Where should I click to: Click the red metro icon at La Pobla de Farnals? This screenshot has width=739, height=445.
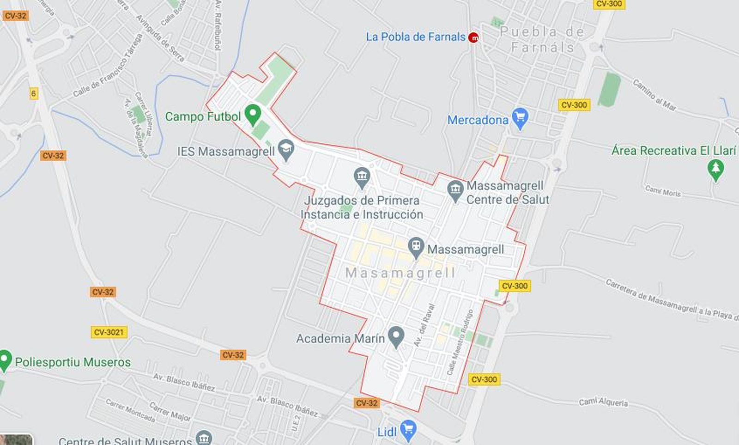click(x=473, y=37)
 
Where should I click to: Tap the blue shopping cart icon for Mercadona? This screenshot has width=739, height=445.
click(x=520, y=118)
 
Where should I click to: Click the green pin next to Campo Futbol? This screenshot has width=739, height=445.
click(x=252, y=114)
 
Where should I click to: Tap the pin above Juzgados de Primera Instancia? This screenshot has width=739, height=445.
click(x=362, y=177)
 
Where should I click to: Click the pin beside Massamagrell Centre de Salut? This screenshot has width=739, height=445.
click(x=455, y=191)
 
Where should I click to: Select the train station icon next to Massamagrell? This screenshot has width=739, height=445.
click(x=416, y=248)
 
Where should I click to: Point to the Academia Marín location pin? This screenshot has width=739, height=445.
click(x=396, y=337)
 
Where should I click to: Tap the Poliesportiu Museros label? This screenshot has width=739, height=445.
click(x=73, y=362)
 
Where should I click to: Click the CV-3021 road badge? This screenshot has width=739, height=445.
click(x=109, y=332)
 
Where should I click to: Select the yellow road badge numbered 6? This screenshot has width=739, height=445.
click(x=33, y=94)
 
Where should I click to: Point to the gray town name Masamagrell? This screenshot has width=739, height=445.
click(x=400, y=273)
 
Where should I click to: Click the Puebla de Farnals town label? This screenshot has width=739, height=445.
click(x=542, y=39)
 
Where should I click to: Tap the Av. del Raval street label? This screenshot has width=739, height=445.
click(x=424, y=325)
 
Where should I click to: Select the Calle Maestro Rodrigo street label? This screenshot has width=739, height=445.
click(x=460, y=342)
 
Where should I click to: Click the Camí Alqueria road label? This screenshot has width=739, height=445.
click(x=603, y=402)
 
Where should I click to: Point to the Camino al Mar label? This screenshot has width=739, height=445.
click(x=654, y=95)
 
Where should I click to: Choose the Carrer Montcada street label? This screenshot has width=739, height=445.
click(x=130, y=410)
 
